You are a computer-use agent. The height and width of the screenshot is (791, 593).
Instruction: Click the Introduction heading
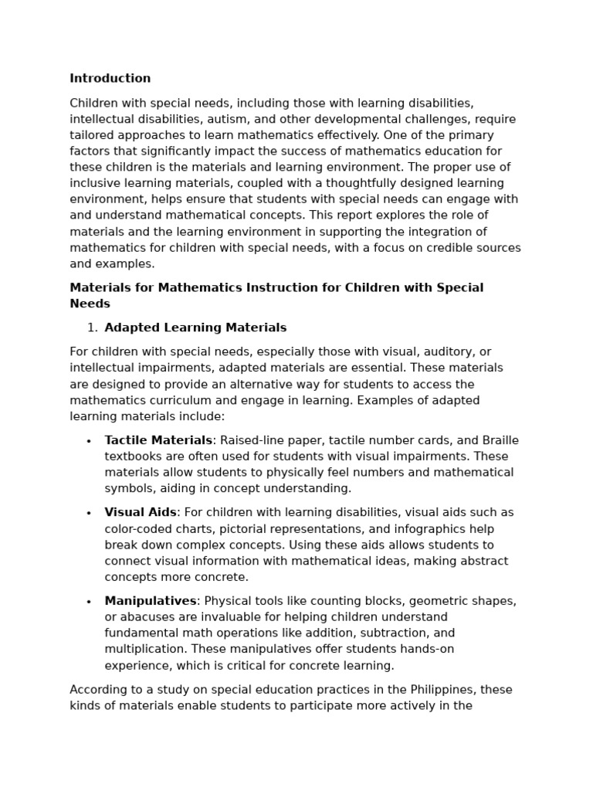pos(110,78)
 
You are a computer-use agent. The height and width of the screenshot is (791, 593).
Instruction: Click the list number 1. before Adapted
pos(92,328)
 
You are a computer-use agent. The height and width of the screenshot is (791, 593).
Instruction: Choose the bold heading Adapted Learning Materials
pos(195,328)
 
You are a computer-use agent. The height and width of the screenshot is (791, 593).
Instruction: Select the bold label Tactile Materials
pos(158,440)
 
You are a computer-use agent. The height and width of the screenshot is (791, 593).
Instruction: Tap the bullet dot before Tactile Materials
pos(89,441)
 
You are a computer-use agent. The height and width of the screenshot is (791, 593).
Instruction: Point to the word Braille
pos(500,440)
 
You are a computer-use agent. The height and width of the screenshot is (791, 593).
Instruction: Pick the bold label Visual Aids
pos(141,512)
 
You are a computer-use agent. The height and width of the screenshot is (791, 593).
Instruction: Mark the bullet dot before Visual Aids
pos(89,513)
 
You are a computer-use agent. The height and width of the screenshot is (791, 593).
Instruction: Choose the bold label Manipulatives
pos(151,600)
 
